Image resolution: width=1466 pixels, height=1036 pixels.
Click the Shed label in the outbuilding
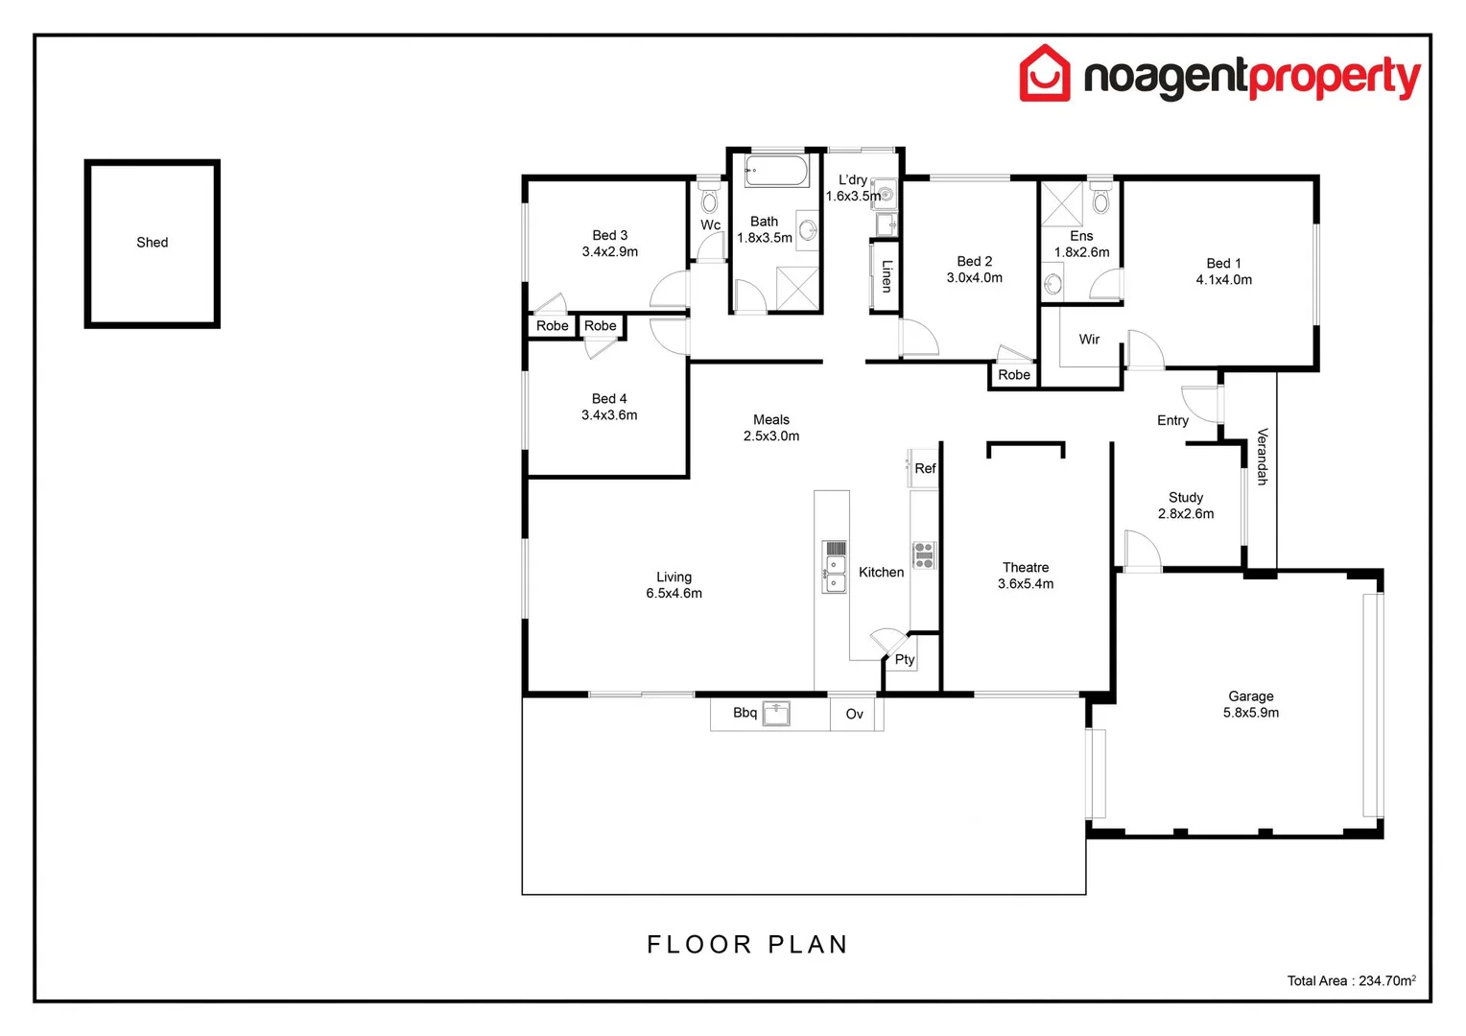[152, 243]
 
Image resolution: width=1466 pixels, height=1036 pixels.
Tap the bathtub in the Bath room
[776, 171]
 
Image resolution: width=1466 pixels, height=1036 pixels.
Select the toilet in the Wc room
[709, 200]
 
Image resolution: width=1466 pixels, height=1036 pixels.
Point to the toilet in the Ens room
[1100, 200]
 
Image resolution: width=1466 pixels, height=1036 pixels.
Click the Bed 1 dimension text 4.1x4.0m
[1223, 280]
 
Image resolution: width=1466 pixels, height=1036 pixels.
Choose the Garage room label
[1250, 696]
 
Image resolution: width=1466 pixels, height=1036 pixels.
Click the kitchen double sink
[834, 567]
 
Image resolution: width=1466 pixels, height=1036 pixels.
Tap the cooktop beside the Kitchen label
[924, 555]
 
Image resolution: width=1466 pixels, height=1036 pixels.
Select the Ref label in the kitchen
[925, 468]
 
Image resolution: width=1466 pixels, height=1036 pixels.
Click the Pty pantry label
[904, 659]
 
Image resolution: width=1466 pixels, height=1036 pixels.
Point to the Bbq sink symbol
[775, 714]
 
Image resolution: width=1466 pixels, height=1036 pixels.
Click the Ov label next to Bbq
[854, 714]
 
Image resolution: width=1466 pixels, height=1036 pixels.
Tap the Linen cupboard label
[887, 275]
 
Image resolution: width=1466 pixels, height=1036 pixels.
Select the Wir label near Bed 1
[1089, 339]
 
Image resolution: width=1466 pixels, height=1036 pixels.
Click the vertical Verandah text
[1262, 457]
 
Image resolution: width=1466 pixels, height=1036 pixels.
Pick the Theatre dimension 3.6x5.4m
[1026, 584]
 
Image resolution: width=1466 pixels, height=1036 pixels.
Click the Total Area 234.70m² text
[1351, 980]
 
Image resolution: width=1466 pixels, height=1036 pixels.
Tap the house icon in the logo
[1044, 73]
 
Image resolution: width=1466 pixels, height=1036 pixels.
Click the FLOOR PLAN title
[747, 945]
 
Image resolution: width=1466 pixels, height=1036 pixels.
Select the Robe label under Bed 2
[1013, 375]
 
